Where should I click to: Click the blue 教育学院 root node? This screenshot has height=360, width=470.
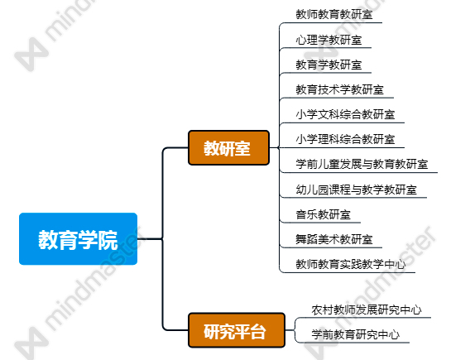[x=79, y=239]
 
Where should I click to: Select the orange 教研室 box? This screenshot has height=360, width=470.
[x=228, y=148]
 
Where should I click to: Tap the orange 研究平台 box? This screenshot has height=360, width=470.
[x=237, y=330]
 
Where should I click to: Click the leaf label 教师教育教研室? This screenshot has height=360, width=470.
[x=334, y=14]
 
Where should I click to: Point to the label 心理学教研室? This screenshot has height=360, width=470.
[x=329, y=40]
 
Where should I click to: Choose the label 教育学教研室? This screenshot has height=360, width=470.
[x=329, y=65]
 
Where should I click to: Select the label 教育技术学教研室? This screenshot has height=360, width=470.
[x=339, y=89]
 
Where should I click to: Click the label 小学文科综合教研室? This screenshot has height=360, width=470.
[x=345, y=114]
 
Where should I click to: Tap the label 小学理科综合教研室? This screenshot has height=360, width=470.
[x=345, y=139]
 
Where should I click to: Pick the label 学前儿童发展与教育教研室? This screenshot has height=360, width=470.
[x=362, y=164]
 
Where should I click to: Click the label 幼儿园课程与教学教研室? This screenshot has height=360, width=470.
[x=357, y=190]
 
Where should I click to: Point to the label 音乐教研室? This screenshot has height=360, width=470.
[x=323, y=214]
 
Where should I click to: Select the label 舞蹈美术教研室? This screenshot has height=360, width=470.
[x=334, y=239]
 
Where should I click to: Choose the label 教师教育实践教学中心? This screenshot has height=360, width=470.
[x=351, y=264]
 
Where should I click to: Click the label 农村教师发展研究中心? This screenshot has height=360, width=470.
[x=367, y=310]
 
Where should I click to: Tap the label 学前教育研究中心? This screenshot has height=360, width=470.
[x=356, y=334]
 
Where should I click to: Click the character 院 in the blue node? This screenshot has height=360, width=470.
[x=108, y=240]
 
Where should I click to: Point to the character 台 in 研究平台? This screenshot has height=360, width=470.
[x=258, y=332]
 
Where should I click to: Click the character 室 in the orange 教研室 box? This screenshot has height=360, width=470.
[x=242, y=148]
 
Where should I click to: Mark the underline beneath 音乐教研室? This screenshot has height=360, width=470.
[x=320, y=223]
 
